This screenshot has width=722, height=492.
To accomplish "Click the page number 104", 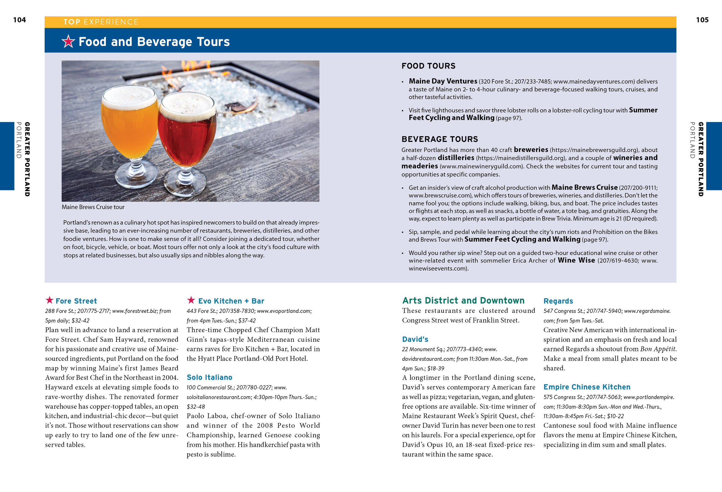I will [19, 20].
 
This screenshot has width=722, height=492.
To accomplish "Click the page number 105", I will [702, 20].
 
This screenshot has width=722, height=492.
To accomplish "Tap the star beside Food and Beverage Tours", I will [68, 41].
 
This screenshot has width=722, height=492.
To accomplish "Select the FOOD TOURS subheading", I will [428, 66].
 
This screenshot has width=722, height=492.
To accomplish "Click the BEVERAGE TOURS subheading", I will [440, 139].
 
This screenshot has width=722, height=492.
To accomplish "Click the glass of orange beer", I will [130, 124].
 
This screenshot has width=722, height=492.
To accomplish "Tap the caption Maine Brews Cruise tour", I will [93, 207].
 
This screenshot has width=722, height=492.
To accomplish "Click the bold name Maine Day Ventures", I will [443, 81].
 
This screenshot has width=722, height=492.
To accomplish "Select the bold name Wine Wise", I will [576, 261].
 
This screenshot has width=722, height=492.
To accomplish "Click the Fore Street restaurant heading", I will [76, 301].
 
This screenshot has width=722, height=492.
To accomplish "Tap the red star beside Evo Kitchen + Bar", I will [191, 300].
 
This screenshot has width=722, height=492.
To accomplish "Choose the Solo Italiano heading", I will [209, 377].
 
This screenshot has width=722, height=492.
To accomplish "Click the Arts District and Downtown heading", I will [463, 301].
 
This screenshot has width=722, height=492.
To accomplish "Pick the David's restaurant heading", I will [415, 339].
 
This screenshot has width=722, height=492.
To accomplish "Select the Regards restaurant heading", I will [558, 301].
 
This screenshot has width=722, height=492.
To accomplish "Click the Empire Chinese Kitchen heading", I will [587, 387].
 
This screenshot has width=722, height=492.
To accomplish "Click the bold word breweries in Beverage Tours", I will [531, 150].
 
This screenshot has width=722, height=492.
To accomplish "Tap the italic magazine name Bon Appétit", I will [658, 349].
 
